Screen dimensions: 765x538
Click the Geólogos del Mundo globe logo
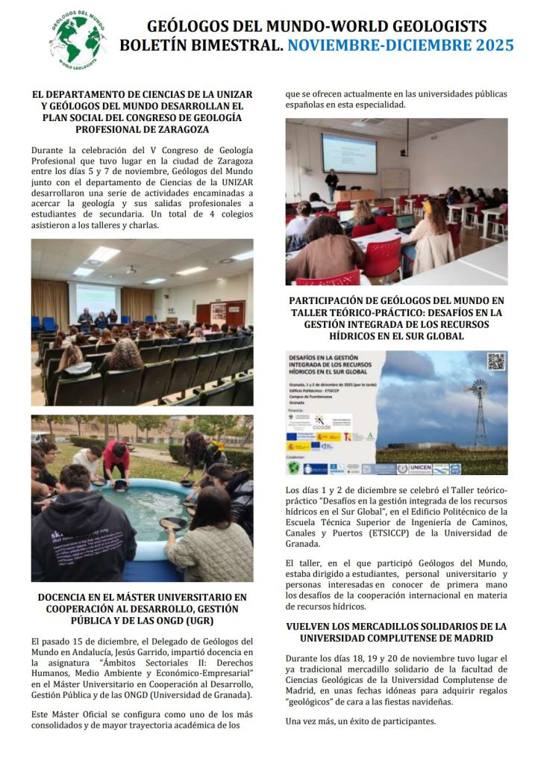pos(76,39)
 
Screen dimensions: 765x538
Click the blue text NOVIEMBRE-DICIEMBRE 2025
pos(401,46)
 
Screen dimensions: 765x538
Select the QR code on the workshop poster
pos(496,362)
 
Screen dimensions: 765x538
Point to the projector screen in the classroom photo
pos(348,152)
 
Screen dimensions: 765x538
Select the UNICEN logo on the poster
pos(420,468)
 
